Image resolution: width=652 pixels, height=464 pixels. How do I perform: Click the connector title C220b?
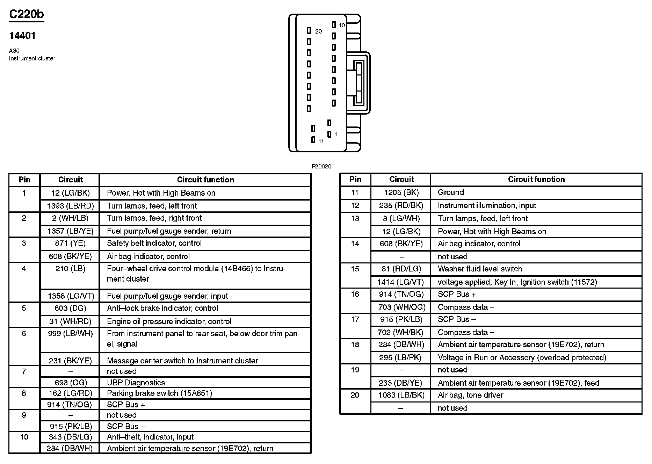27,14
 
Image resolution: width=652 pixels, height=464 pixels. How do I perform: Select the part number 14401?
22,36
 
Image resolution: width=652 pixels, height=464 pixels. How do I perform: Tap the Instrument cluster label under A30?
32,58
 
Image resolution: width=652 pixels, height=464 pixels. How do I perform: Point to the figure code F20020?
321,167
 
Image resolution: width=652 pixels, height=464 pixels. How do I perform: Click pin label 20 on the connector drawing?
318,31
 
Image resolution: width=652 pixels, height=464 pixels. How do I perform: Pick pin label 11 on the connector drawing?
321,142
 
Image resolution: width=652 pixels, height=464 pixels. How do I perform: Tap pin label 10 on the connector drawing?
341,26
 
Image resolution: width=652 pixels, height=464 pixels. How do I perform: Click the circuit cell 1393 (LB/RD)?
70,206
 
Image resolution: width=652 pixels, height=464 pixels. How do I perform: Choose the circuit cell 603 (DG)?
70,308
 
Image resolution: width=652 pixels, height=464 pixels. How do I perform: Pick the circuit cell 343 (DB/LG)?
70,437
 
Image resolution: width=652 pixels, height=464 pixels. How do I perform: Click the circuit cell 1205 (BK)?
401,192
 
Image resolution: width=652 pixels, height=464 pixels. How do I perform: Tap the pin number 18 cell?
355,345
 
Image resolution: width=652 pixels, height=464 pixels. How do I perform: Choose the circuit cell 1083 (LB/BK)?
401,395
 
